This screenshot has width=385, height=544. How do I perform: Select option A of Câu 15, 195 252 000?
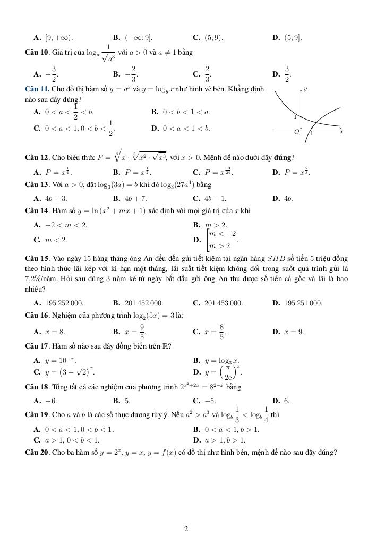58,303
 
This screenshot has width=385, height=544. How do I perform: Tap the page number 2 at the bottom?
186,529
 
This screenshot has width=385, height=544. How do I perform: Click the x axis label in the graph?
341,131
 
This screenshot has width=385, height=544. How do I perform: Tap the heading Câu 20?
37,452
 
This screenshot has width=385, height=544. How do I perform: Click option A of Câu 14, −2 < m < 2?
61,225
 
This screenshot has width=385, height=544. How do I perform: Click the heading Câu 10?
37,53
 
